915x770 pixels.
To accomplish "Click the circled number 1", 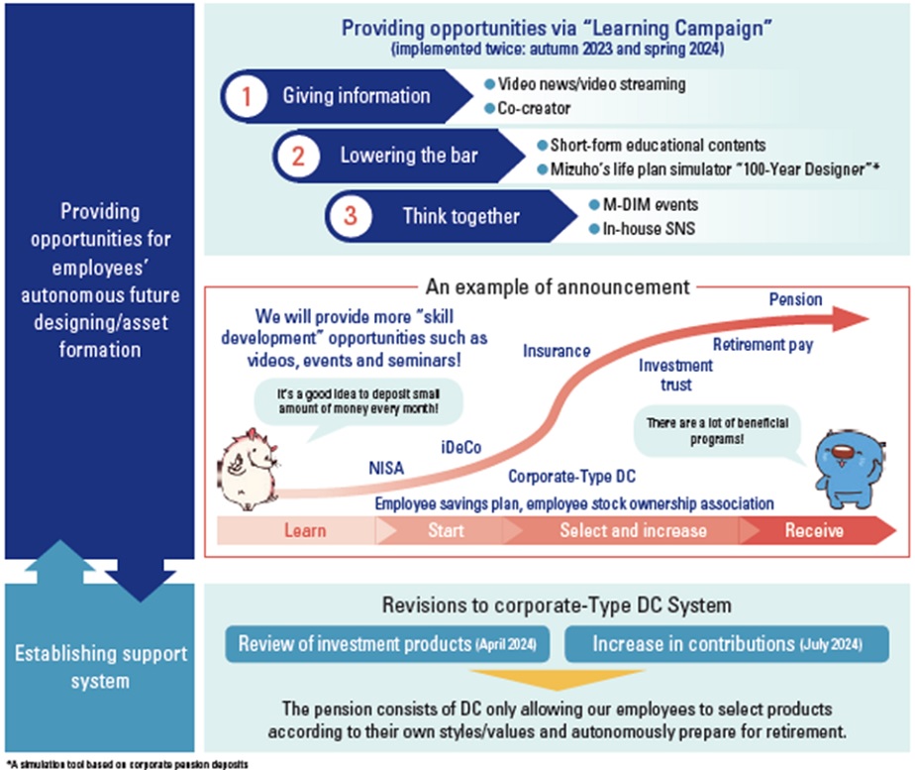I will [x=248, y=96].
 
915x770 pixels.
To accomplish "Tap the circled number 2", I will [x=299, y=156].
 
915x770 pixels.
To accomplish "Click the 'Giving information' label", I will [x=356, y=96].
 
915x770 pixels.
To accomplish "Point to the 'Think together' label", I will [x=460, y=215].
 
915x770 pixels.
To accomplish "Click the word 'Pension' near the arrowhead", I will [x=795, y=298].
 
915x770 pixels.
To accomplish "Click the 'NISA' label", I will [x=386, y=469].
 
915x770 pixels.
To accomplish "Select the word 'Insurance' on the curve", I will [x=557, y=351].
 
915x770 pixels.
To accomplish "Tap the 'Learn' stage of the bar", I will [x=305, y=530].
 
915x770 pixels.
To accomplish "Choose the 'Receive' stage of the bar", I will [x=814, y=530].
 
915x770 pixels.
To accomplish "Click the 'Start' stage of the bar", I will [x=446, y=530].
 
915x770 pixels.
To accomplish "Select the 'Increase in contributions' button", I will [x=727, y=644].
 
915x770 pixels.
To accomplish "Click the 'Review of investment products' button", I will [x=388, y=644].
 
